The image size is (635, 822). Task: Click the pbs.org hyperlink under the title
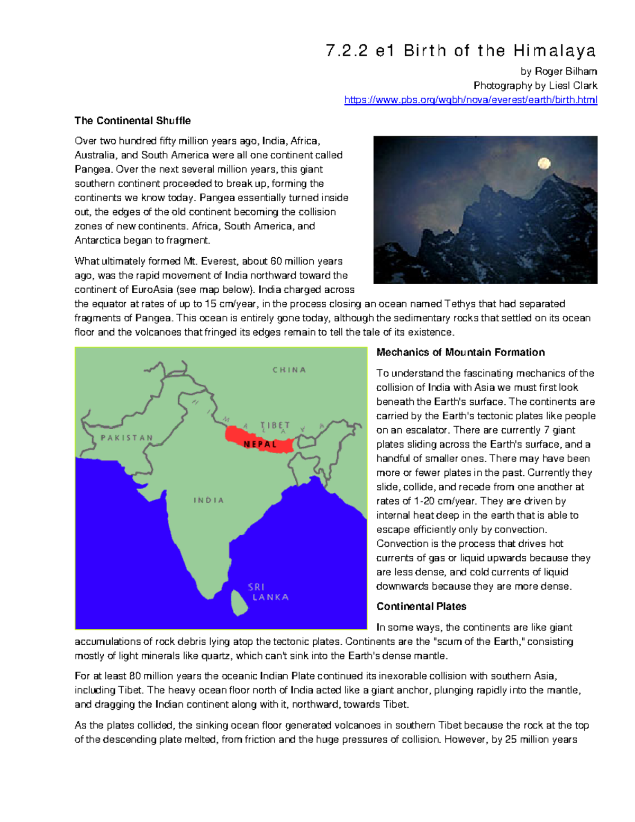click(x=470, y=100)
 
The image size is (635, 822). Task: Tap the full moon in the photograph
click(x=543, y=164)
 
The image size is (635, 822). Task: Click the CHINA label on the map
click(x=289, y=370)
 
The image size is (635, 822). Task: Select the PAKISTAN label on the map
click(x=126, y=438)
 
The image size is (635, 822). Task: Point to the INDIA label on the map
click(x=208, y=500)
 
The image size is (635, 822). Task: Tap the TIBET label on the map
click(x=275, y=426)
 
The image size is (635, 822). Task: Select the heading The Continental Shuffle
click(x=132, y=121)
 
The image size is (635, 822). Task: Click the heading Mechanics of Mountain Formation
click(x=460, y=353)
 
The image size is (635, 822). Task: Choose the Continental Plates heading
click(x=421, y=607)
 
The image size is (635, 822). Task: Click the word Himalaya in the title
click(x=554, y=51)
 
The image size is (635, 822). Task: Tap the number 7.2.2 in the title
click(x=347, y=51)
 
